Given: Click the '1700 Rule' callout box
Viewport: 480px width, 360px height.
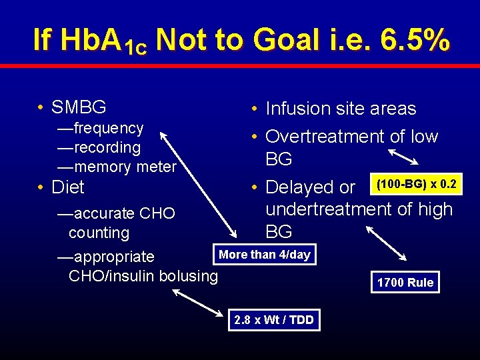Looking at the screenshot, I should (x=405, y=283).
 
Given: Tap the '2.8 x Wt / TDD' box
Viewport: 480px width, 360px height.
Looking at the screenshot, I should (x=274, y=320).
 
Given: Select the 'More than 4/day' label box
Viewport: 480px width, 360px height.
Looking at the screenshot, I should (x=265, y=255).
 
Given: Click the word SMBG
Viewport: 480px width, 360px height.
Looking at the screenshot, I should (x=79, y=107).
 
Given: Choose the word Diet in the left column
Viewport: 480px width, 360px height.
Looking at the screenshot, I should (x=68, y=187).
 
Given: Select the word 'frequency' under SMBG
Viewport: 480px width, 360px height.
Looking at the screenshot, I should (x=109, y=128).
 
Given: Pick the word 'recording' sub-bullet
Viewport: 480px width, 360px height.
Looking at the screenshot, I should (x=107, y=147).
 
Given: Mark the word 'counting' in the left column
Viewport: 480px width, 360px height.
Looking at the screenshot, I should (x=99, y=233).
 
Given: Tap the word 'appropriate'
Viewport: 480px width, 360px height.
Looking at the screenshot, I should (x=115, y=257).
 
